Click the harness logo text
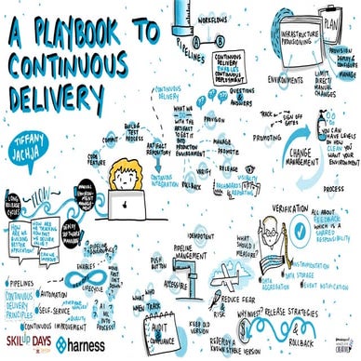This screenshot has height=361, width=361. pos(90,342)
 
